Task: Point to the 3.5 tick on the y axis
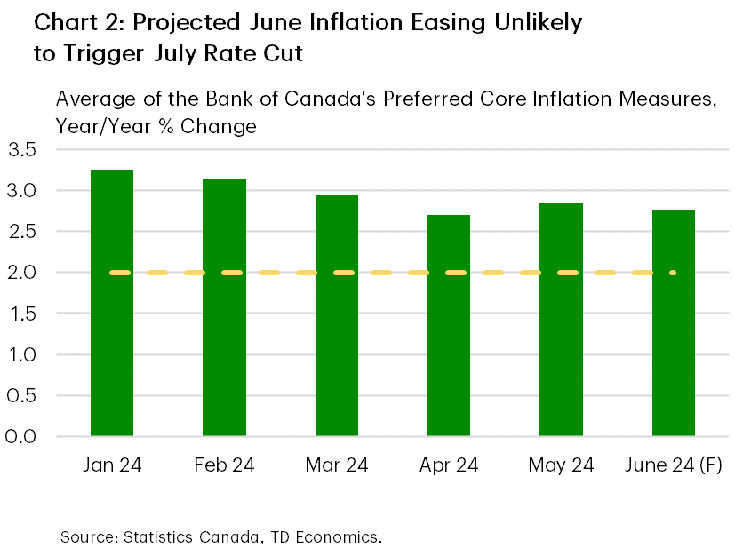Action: pos(20,149)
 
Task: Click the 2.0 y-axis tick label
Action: pos(20,273)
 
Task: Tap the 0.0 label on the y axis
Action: pos(20,437)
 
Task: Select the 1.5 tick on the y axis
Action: pos(20,314)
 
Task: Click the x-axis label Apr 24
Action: pos(449,465)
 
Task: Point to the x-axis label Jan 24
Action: pos(112,465)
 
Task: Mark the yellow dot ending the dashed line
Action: pos(673,273)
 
